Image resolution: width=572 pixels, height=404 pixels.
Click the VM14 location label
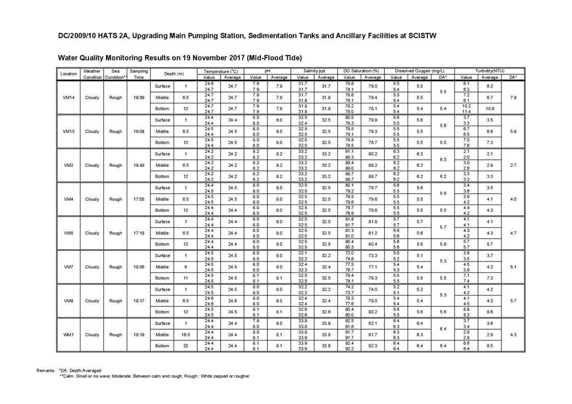[x=68, y=98]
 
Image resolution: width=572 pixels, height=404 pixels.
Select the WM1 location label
[x=68, y=335]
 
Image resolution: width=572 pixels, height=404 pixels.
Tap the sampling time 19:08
[x=139, y=131]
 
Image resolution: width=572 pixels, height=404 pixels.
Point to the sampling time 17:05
[x=139, y=199]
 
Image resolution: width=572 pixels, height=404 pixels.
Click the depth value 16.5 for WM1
[x=185, y=335]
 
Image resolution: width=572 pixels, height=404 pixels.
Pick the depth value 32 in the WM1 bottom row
[x=185, y=346]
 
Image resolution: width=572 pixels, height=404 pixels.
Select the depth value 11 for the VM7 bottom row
[x=185, y=278]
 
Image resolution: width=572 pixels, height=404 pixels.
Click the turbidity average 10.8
[x=489, y=109]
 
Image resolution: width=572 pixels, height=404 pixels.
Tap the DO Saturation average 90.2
[x=372, y=154]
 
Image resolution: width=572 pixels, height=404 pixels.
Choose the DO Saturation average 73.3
[x=372, y=255]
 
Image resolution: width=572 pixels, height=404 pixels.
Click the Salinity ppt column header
[x=314, y=71]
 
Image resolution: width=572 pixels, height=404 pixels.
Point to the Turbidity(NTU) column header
[x=489, y=71]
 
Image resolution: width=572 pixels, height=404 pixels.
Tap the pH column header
[x=267, y=71]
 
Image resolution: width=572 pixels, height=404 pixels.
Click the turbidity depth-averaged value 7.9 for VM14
[x=513, y=98]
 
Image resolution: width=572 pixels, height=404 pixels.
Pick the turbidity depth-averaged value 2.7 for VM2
[x=513, y=165]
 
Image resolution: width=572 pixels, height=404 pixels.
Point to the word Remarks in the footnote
[x=46, y=370]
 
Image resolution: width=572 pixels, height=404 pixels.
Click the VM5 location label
[x=68, y=233]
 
